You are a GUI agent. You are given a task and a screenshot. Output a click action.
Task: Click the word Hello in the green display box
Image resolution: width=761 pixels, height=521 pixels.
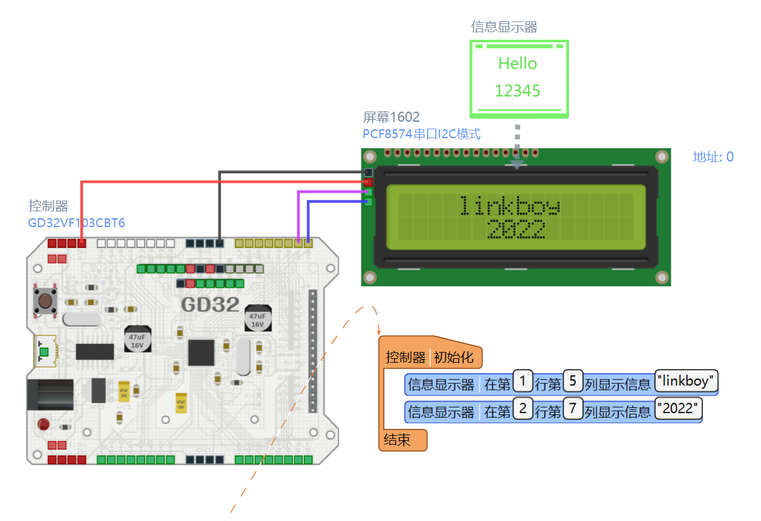(517, 64)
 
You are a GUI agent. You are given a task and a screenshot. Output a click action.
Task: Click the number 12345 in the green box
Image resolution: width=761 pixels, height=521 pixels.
(517, 91)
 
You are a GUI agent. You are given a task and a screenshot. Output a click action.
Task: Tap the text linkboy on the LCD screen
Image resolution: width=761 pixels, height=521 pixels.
(508, 206)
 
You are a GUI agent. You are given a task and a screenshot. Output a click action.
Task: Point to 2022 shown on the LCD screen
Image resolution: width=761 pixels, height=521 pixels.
(516, 230)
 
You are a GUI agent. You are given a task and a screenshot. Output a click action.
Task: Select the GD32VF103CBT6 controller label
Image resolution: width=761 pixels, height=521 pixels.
(76, 223)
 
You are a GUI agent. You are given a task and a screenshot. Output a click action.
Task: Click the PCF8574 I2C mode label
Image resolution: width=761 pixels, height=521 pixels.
(421, 134)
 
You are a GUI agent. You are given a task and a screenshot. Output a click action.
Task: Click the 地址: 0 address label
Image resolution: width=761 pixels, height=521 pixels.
(713, 157)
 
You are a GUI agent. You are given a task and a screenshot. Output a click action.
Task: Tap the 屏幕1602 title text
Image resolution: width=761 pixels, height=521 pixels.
(391, 117)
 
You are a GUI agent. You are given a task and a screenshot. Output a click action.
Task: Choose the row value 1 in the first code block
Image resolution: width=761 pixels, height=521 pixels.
(523, 382)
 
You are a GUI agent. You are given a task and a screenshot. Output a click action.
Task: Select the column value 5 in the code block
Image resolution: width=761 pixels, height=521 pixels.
(572, 382)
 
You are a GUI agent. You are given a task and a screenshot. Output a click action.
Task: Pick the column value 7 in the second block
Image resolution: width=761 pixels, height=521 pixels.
(572, 409)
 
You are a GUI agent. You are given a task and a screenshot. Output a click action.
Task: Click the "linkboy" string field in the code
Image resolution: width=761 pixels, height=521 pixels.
(686, 382)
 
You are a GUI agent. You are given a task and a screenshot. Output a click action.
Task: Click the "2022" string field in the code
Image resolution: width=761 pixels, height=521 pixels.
(678, 409)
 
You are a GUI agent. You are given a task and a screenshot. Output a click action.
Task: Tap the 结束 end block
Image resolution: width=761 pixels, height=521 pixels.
(398, 440)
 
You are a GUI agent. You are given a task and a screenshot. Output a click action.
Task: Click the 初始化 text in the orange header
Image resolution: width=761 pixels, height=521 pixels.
(453, 357)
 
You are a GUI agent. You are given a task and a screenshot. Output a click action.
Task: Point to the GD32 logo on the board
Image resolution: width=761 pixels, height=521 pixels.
(210, 305)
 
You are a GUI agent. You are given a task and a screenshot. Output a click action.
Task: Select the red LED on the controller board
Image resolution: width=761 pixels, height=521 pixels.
(44, 423)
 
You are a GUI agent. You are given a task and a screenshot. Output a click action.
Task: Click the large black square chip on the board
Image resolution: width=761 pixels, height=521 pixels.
(201, 353)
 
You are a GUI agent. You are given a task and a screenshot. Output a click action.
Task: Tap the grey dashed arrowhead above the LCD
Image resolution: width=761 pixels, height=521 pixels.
(517, 165)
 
